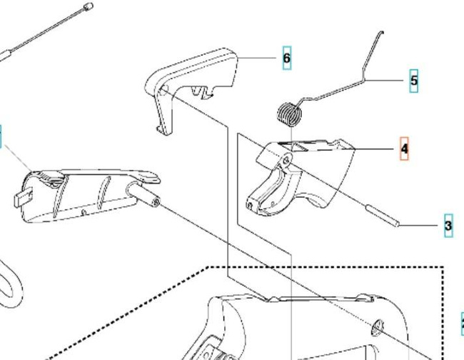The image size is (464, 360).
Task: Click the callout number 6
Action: (x=287, y=58)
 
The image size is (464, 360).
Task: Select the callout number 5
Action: (x=414, y=80)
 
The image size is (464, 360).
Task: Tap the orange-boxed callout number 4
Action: (x=404, y=149)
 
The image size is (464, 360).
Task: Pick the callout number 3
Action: (x=448, y=226)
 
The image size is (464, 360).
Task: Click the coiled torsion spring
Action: (x=288, y=114)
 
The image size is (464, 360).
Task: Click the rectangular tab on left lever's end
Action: (x=23, y=196)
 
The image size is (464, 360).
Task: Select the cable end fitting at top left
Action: (x=88, y=6)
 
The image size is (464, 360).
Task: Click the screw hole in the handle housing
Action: (x=378, y=327)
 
